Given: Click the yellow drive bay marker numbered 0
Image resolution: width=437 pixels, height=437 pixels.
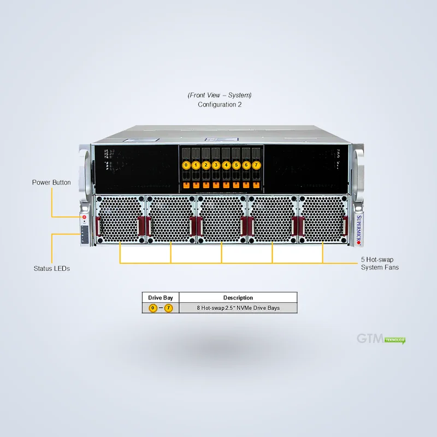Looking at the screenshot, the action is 186,165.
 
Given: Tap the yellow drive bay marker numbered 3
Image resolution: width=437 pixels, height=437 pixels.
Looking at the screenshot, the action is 216,165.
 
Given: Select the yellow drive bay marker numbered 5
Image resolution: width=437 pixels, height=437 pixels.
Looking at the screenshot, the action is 236,165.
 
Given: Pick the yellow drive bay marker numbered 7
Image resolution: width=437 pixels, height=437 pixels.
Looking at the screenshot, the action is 256,165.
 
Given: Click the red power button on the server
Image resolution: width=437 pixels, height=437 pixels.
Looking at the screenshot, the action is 84,217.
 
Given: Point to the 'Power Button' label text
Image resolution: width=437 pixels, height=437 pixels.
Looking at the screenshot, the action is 51,182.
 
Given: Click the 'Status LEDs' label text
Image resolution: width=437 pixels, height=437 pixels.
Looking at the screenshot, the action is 51,268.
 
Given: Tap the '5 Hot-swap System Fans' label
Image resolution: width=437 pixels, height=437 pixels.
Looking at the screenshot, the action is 380,263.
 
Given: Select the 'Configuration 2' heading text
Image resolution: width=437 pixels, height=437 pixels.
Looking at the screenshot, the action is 220,104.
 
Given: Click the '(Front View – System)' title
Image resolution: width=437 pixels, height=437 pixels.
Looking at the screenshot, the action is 220,95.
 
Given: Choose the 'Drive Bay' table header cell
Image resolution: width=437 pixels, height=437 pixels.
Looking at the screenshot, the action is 161,298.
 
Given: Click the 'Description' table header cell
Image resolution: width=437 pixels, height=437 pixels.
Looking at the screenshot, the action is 238,298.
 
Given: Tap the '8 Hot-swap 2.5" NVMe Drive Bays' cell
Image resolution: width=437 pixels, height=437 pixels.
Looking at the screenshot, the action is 238,308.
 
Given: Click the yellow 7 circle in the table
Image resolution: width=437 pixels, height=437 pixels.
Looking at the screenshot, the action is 168,308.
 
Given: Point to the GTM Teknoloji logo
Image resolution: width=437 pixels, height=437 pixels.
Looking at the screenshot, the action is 381,339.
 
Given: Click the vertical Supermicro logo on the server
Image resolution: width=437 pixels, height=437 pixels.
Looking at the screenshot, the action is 359,230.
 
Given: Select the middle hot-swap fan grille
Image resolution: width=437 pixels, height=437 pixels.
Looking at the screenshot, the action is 222,219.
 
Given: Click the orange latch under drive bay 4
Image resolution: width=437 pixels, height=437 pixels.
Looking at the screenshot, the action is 226,185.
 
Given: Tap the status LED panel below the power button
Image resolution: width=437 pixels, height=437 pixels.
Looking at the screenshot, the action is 85,235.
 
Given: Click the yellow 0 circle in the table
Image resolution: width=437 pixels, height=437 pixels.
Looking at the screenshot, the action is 153,308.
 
